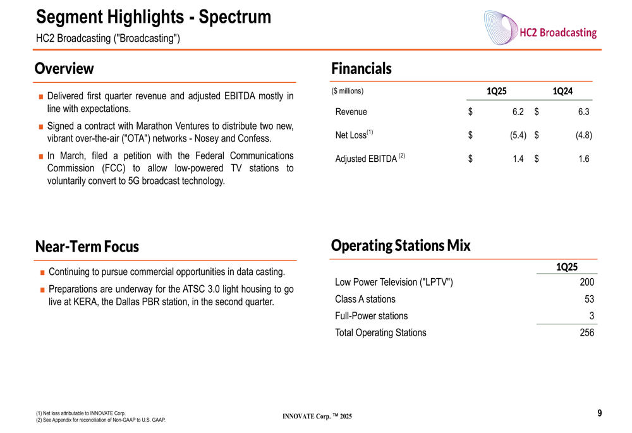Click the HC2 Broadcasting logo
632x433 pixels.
[x=540, y=28]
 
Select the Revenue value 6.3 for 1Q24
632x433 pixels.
[x=583, y=112]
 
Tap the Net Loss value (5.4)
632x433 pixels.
[x=518, y=135]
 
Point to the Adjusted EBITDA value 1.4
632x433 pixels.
[x=518, y=159]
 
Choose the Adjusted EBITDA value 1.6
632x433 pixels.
[x=583, y=159]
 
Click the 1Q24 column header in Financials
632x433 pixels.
[x=562, y=92]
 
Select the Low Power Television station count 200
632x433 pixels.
[x=586, y=283]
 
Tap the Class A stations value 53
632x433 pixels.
[x=589, y=299]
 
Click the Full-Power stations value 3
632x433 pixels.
[x=592, y=316]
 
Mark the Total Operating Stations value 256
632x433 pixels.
[x=586, y=332]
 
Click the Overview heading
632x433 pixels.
[x=64, y=68]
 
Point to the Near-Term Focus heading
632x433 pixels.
[x=87, y=247]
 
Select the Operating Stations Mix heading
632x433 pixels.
[x=401, y=245]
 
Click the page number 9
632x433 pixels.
[x=599, y=413]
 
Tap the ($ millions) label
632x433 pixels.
[x=348, y=92]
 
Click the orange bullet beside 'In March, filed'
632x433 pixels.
[x=40, y=156]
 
